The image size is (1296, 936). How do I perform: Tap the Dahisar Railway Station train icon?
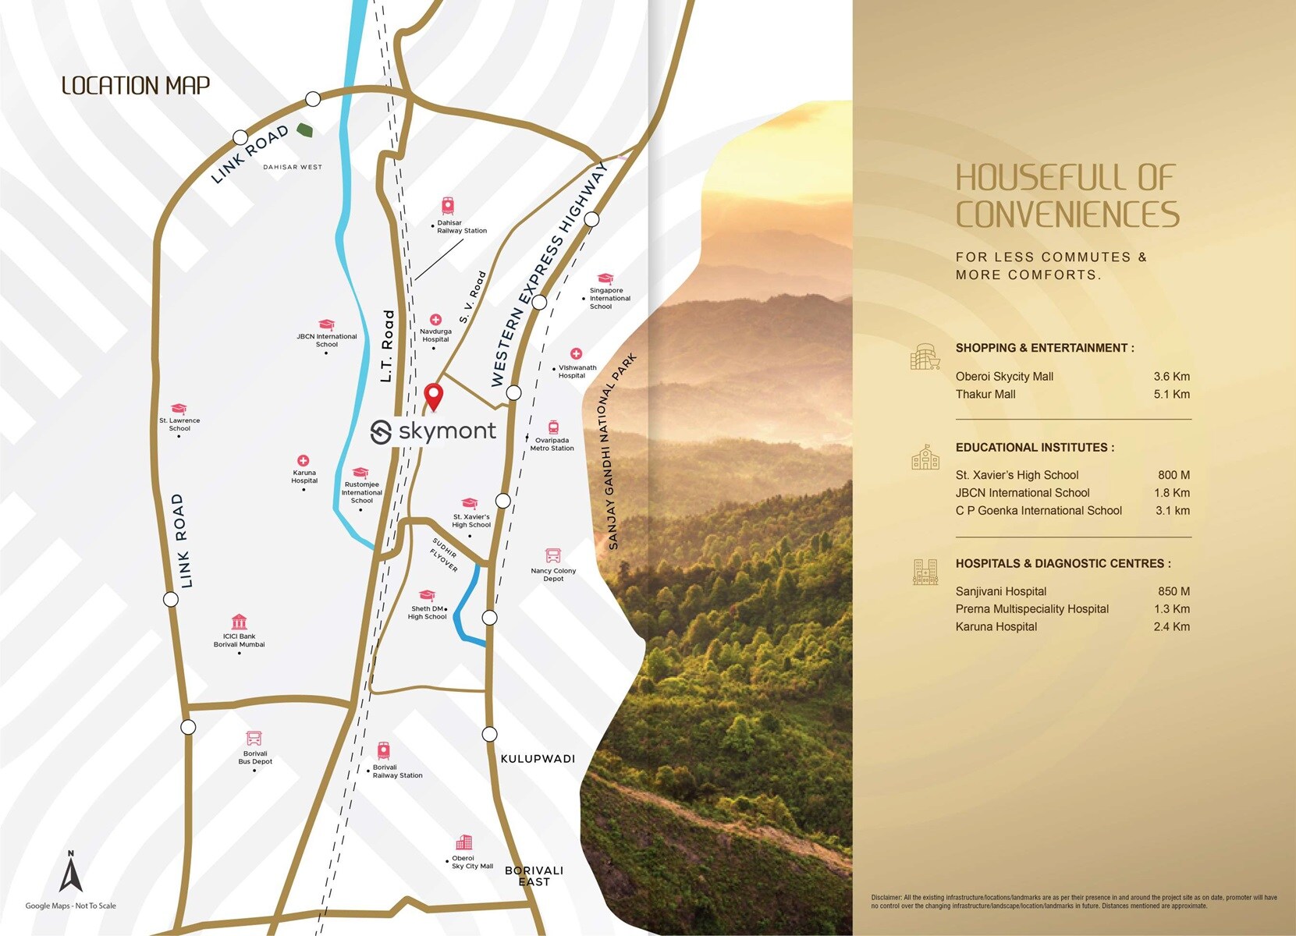tap(448, 206)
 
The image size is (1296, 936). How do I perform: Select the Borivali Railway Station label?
tap(396, 771)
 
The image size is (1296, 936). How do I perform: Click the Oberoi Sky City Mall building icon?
tap(464, 842)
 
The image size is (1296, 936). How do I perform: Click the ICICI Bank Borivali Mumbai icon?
tap(239, 622)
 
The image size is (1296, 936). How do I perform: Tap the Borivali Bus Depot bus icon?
tap(254, 738)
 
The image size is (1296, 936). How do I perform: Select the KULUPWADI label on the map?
tap(538, 758)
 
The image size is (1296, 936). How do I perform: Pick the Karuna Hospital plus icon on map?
tap(303, 461)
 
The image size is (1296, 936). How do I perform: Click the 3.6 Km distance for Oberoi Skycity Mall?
tap(1171, 377)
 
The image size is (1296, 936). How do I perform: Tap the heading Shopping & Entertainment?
tap(1044, 348)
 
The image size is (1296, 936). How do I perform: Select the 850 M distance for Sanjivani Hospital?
tap(1174, 591)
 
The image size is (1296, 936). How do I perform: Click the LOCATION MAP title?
tap(136, 86)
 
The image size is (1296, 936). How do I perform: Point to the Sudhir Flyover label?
tap(445, 555)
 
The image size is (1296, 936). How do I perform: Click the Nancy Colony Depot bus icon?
tap(553, 555)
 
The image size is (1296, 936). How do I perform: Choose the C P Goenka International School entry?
tap(1039, 511)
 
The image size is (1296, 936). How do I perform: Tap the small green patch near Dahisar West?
tap(304, 130)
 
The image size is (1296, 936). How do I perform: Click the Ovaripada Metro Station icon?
tap(553, 427)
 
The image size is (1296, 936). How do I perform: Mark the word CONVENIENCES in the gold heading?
tap(1067, 214)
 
